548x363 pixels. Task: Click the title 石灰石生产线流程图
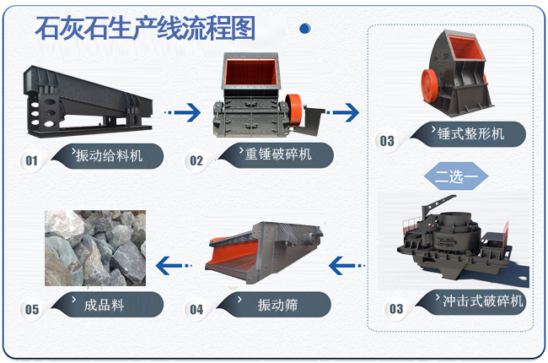(x=144, y=27)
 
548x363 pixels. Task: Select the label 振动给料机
(x=108, y=156)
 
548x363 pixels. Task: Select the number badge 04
(x=196, y=310)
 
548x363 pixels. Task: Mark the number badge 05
(x=32, y=310)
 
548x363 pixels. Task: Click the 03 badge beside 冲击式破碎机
(x=395, y=309)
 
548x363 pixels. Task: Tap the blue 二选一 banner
(x=456, y=177)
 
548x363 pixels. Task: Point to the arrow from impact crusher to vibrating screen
(x=347, y=266)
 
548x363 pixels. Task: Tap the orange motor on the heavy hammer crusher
(x=293, y=106)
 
